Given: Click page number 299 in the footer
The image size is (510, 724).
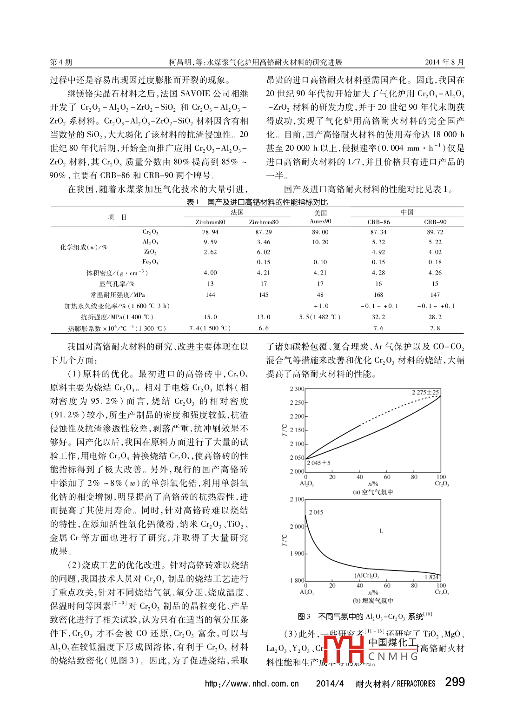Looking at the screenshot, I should tap(455, 682).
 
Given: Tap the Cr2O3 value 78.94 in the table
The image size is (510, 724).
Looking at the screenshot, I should tap(210, 232).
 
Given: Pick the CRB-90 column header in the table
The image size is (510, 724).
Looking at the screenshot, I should tap(435, 222).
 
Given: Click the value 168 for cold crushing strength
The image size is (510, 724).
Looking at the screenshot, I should tap(378, 295).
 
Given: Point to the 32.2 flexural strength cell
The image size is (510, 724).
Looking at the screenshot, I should tap(378, 317).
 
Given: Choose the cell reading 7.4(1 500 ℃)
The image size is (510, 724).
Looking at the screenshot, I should tap(210, 328).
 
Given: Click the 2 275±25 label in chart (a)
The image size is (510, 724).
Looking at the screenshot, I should tap(425, 392).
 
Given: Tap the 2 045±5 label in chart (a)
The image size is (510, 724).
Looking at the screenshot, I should tap(319, 463).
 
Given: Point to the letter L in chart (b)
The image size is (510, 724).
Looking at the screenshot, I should tap(381, 531).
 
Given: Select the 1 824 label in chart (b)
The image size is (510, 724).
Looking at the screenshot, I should tap(431, 577).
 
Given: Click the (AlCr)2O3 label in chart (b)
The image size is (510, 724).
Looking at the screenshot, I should tap(366, 576).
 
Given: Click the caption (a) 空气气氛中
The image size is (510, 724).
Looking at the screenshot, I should tap(373, 492).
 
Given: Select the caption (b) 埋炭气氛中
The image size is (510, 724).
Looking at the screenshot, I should tap(373, 601).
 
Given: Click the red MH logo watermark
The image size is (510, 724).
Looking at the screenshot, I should tap(344, 649).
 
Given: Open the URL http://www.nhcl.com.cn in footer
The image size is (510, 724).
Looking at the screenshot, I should tap(252, 684).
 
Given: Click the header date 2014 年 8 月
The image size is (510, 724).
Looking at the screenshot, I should tap(444, 62).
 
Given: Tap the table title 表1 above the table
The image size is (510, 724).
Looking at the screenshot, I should tap(193, 202).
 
